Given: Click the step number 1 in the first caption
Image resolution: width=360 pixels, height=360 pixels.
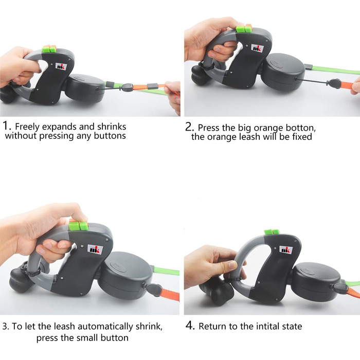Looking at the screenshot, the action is coord(6,126).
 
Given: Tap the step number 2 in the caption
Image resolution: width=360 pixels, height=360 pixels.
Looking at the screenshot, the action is coord(189,127).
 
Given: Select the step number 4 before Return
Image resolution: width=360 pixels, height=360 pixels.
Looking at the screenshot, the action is coord(190,326).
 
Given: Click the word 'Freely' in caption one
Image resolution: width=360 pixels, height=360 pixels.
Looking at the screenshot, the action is coord(27,127).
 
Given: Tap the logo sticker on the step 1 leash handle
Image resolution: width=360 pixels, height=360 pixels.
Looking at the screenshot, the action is coord(61,66).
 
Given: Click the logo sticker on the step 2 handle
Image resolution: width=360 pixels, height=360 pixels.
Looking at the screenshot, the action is coord(258,48).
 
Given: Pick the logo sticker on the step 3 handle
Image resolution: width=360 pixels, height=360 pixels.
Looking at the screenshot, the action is coord(95,249).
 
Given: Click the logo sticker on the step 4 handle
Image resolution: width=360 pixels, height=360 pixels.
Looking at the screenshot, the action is coord(286,249).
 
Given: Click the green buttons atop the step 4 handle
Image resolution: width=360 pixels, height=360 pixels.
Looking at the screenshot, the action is coord(272,232).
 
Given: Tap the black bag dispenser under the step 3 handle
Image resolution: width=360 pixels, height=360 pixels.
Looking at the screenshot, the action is coord(21,280).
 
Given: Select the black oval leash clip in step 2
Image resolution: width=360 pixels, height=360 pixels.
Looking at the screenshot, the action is coord(335,83).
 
